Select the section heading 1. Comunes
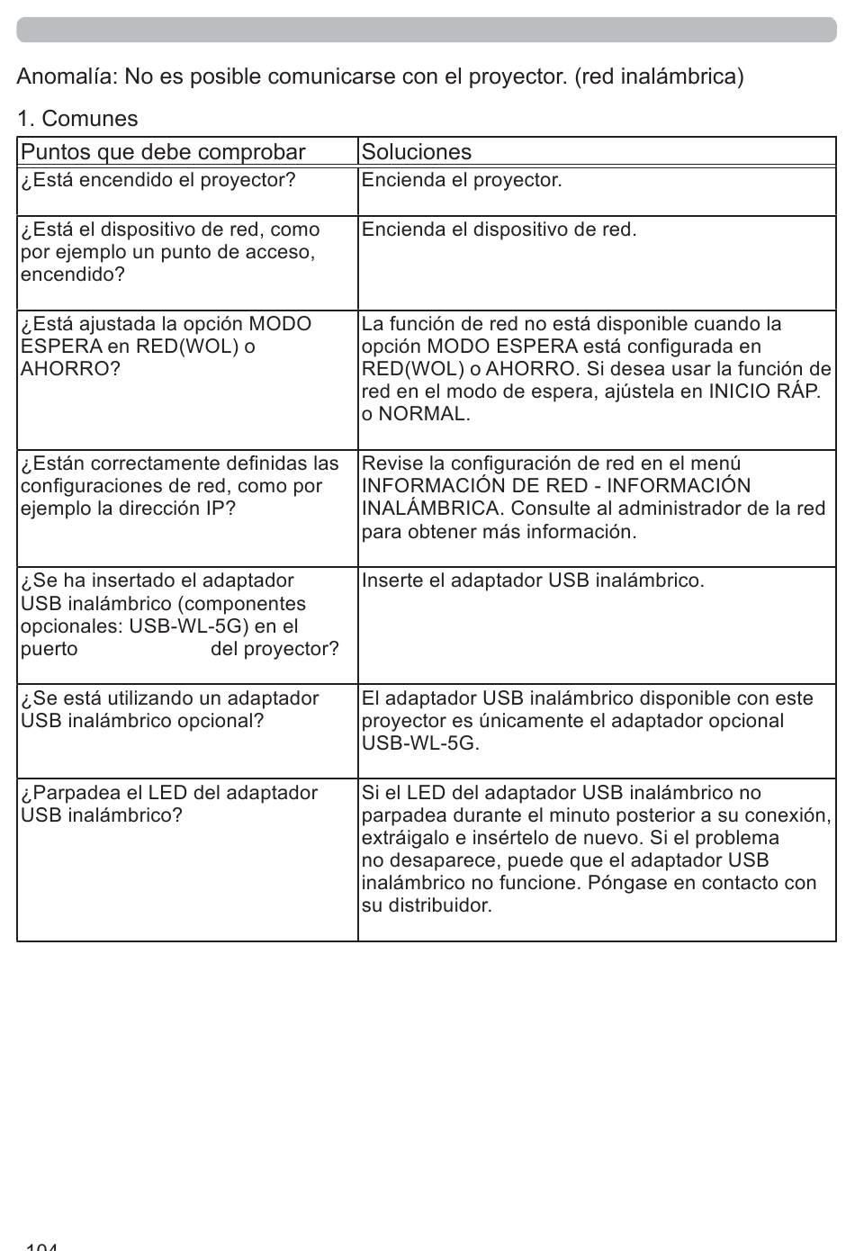(77, 119)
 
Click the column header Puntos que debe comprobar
(163, 151)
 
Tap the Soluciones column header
(416, 151)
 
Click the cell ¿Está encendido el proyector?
(158, 180)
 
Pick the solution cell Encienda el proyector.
(462, 180)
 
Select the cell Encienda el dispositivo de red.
(499, 229)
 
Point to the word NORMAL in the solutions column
(423, 414)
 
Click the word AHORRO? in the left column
(70, 369)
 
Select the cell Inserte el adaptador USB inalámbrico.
(533, 580)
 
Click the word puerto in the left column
(49, 649)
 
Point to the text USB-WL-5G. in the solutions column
(420, 743)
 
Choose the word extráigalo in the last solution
(405, 838)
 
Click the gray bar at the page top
(427, 30)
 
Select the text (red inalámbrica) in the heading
(660, 76)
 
